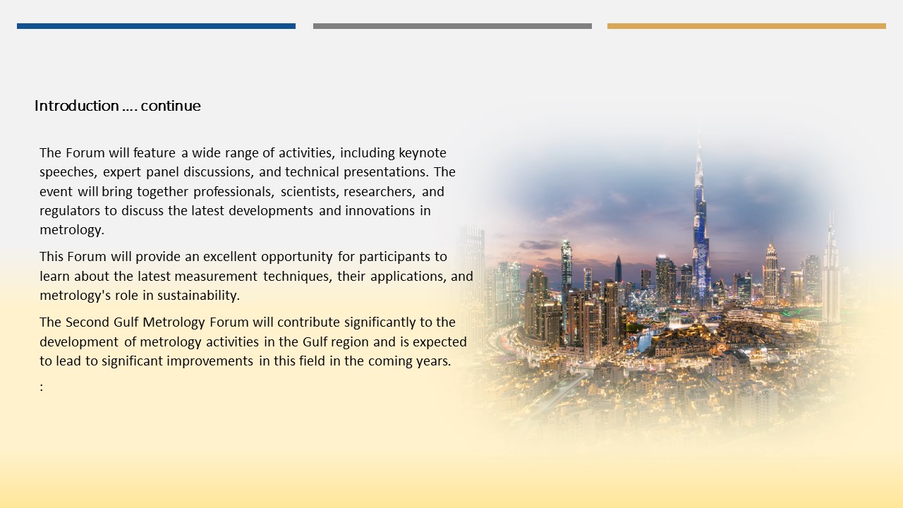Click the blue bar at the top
click(x=156, y=26)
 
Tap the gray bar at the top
click(x=452, y=26)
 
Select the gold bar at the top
click(x=746, y=26)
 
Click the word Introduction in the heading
click(x=77, y=106)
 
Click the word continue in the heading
click(x=171, y=106)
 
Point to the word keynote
click(x=423, y=153)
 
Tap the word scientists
click(x=309, y=192)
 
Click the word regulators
click(x=70, y=211)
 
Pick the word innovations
click(x=380, y=211)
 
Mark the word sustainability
click(x=198, y=296)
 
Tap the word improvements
click(x=210, y=361)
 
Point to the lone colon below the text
click(x=42, y=387)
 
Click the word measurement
click(x=216, y=277)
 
